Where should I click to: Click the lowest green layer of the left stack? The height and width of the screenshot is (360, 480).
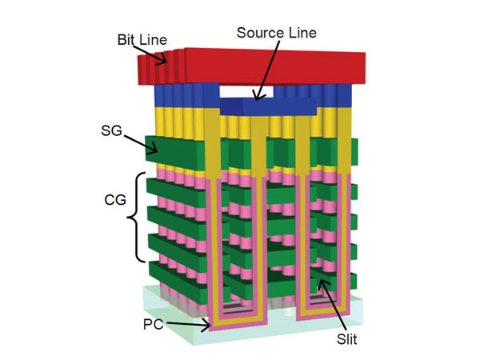(x=176, y=276)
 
